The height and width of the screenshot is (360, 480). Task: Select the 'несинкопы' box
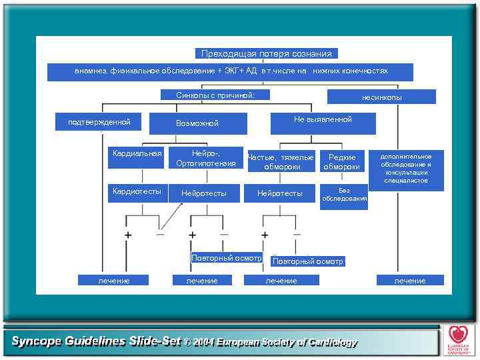click(381, 97)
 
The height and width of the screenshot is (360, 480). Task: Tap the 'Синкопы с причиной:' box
click(215, 95)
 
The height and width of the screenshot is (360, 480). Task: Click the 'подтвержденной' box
click(99, 122)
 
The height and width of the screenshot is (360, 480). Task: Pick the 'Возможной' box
click(197, 123)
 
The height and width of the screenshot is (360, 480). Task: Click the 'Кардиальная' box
click(137, 153)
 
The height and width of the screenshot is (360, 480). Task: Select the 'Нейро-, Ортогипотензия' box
click(205, 158)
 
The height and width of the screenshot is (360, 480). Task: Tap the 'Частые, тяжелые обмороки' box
click(280, 161)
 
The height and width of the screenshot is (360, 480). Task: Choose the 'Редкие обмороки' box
click(342, 161)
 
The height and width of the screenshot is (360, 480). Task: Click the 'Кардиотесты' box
click(137, 192)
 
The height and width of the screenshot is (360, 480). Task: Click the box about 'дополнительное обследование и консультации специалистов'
click(406, 169)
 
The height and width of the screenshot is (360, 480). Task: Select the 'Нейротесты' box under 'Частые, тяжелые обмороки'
click(280, 193)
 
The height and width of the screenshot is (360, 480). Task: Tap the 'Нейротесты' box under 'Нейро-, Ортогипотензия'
click(204, 193)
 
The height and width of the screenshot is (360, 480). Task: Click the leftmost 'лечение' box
click(114, 281)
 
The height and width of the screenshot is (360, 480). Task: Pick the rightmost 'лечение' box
click(410, 281)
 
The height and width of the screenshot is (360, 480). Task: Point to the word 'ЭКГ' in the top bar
click(230, 71)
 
